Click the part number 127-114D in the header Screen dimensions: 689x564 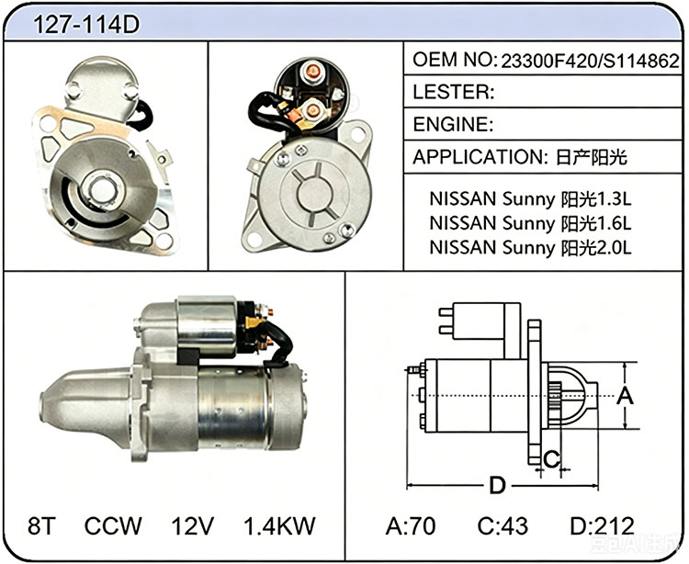pos(86,24)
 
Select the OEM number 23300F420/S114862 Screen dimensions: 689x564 pos(590,61)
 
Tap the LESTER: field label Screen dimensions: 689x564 pos(454,92)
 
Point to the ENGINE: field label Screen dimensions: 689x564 pos(453,124)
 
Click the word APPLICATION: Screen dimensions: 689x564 pos(479,157)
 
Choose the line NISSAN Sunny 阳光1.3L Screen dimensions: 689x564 pos(530,199)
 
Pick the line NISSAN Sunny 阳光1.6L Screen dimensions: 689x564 pos(530,223)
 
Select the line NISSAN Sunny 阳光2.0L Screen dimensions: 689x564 pos(530,248)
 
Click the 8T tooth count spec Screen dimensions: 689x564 pos(41,525)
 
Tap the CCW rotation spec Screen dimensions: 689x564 pos(113,525)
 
